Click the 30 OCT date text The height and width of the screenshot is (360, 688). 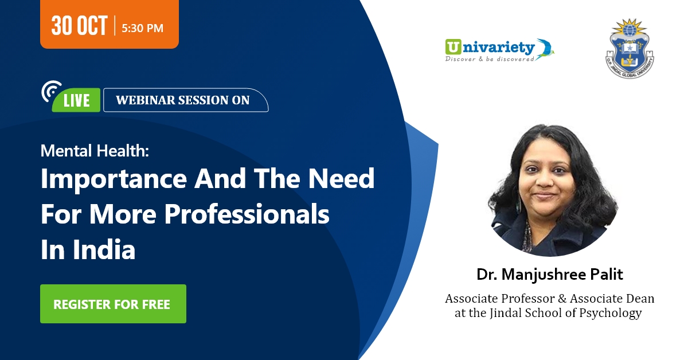click(x=79, y=25)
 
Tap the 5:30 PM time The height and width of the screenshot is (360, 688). click(x=143, y=28)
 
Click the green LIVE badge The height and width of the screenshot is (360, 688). click(x=76, y=100)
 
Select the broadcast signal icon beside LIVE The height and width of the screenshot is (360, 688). click(x=51, y=91)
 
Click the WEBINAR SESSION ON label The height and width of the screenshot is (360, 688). click(x=183, y=100)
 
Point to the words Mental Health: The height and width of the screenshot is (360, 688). click(x=95, y=151)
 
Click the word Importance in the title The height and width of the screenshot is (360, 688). click(x=114, y=179)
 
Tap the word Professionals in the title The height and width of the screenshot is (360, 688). click(x=247, y=214)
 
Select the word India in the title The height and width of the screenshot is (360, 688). click(x=104, y=249)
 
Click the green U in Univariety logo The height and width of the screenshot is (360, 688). click(x=453, y=47)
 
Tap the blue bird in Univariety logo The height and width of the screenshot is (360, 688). click(x=544, y=49)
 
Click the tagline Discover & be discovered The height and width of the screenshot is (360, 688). click(x=490, y=58)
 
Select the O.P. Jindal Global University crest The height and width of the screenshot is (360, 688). click(x=630, y=48)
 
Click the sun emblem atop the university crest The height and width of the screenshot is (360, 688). click(x=630, y=28)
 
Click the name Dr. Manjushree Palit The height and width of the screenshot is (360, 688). click(x=550, y=275)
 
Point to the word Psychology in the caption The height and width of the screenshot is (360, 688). click(x=610, y=314)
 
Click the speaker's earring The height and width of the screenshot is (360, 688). click(x=519, y=203)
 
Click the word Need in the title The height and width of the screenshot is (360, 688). click(x=342, y=178)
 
